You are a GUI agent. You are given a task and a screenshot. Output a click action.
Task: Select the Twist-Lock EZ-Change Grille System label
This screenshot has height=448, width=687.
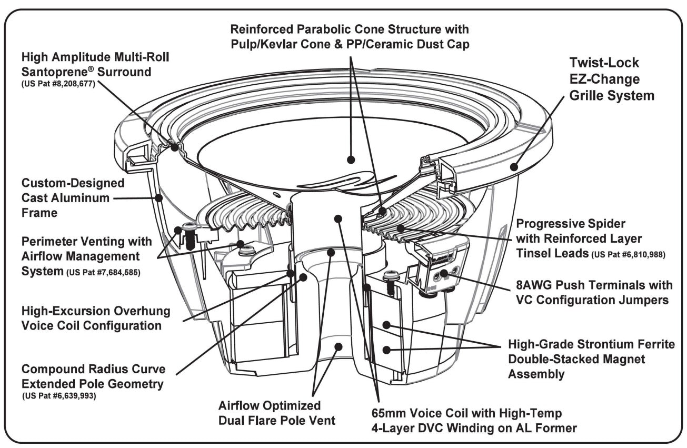point(612,79)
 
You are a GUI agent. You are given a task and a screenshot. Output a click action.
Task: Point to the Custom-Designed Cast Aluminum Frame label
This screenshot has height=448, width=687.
point(65,198)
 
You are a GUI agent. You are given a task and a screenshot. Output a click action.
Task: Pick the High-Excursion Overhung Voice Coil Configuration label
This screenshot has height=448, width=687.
point(95,318)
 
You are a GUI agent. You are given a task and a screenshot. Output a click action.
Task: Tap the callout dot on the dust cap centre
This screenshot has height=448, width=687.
point(352,160)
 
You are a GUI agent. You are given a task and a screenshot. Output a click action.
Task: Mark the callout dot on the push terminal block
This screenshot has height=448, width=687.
point(444,272)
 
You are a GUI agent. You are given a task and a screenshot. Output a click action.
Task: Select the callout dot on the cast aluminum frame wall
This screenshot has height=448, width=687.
point(159,198)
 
